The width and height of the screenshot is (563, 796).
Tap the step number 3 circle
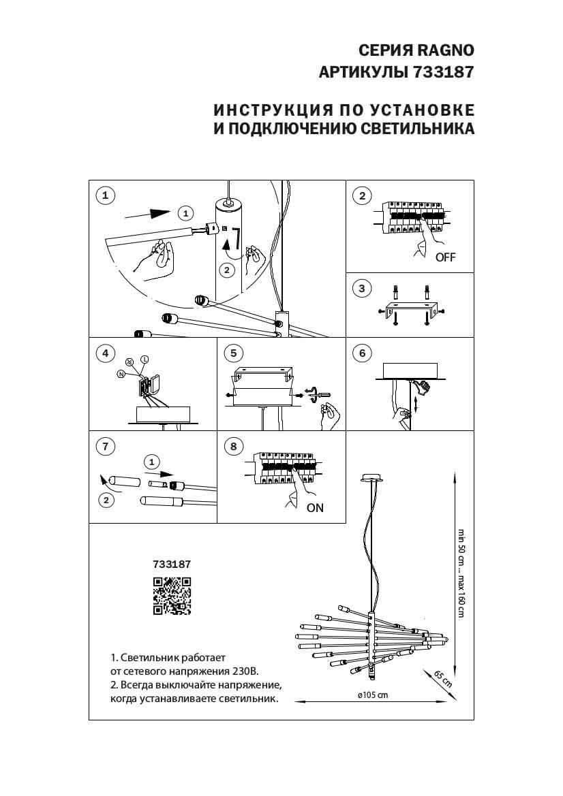point(362,289)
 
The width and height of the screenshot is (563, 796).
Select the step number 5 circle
point(233,353)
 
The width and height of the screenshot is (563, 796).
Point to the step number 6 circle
point(362,353)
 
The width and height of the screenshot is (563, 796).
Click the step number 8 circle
point(233,446)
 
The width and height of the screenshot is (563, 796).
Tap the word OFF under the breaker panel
point(445,257)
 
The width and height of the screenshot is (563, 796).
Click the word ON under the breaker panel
point(315,507)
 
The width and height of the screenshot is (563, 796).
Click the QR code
point(171,596)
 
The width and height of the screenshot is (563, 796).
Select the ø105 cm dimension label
point(372,695)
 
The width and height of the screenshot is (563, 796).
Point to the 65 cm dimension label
point(443,679)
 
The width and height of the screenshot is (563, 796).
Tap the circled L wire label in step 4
point(144,359)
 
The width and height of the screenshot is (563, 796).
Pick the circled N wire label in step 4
point(121,374)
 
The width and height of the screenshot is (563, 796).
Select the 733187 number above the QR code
point(172,564)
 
